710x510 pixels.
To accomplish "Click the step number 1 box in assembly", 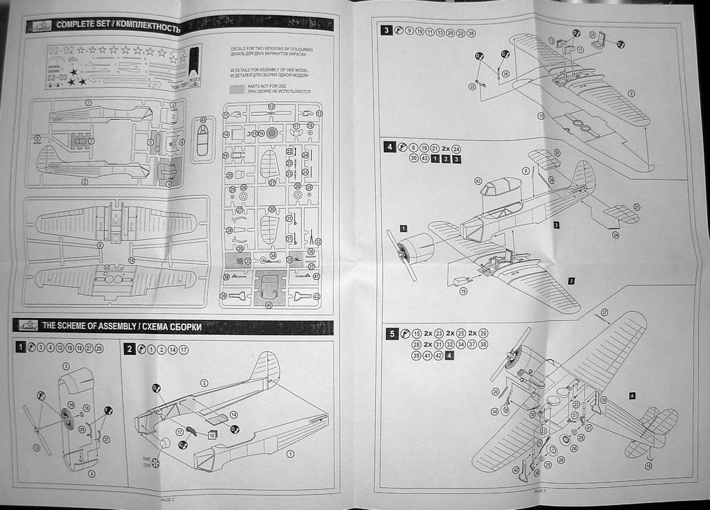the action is pos(21,348).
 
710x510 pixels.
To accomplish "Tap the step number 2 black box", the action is pos(130,349).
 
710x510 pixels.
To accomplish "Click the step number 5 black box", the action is pos(392,334).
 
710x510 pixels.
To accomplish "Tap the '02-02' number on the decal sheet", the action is pos(61,51).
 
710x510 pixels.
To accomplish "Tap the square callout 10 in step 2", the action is pos(211,434).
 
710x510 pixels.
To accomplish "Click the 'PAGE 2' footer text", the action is pos(168,498).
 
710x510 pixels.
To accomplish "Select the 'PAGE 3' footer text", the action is pos(541,491).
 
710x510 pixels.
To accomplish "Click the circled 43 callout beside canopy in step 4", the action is pos(478,181).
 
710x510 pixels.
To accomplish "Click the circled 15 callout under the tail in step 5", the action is pos(648,466).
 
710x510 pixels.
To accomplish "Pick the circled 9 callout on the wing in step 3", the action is pos(630,93).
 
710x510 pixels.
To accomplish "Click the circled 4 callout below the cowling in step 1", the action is pos(91,474).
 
